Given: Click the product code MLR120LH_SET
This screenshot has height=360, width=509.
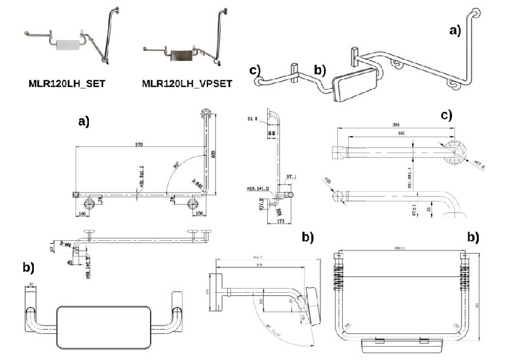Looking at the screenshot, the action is (x=66, y=83).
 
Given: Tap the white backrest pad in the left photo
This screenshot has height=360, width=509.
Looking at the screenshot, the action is (x=68, y=45).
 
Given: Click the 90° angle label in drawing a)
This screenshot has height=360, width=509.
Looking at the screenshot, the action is (x=176, y=164).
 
